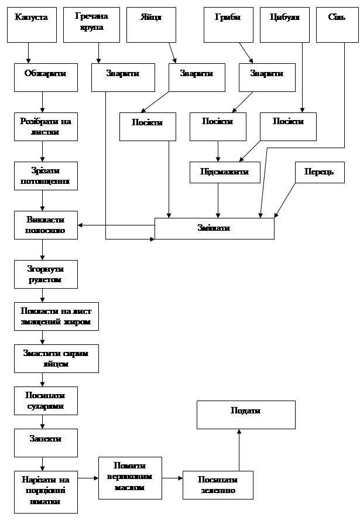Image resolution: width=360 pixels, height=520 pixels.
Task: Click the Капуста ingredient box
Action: click(32, 25)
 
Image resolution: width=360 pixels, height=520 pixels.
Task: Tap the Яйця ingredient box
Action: click(151, 25)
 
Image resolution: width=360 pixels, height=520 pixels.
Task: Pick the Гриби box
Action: click(228, 25)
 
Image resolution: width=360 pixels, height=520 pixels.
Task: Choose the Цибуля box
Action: click(284, 25)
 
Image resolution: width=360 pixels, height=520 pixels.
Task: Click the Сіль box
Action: click(337, 25)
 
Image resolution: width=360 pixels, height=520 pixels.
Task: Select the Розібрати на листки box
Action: click(46, 126)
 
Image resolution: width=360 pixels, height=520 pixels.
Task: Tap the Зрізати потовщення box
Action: click(46, 175)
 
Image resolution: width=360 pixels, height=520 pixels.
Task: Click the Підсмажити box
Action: click(225, 172)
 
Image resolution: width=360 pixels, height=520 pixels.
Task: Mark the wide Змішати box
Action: click(214, 228)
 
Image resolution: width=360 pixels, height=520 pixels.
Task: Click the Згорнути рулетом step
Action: click(46, 273)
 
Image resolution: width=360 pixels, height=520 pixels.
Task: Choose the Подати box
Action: click(246, 415)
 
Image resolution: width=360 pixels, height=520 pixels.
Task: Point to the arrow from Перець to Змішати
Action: click(285, 200)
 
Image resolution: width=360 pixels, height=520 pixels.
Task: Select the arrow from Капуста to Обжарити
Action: click(28, 53)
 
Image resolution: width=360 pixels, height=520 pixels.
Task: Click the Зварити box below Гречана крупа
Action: click(123, 77)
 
